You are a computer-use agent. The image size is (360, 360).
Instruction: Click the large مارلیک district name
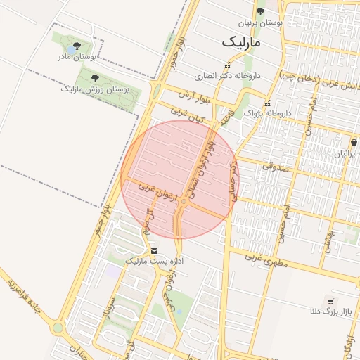[240, 42]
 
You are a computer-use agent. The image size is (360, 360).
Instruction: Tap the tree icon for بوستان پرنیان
[260, 11]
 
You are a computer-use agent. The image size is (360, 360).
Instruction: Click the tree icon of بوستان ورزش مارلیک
[96, 78]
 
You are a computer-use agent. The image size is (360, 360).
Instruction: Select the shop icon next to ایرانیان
[354, 143]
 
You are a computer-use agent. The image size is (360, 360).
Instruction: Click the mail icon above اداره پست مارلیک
[154, 251]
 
